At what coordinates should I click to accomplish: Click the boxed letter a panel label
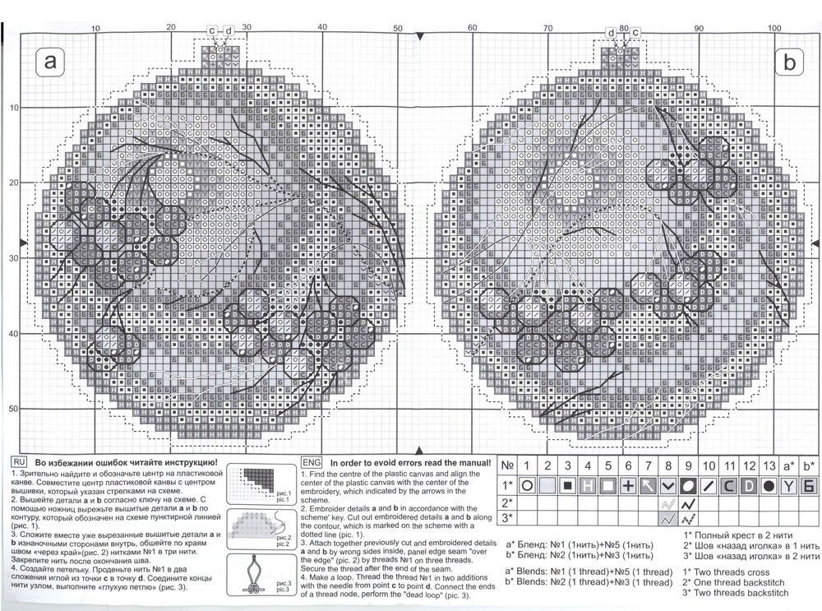(x=52, y=62)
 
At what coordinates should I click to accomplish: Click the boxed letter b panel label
(x=791, y=62)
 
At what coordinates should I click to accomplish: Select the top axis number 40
(x=321, y=28)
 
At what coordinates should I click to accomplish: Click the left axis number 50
(x=14, y=409)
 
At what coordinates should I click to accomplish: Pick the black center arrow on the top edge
(x=421, y=38)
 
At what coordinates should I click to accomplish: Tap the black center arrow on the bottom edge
(x=421, y=451)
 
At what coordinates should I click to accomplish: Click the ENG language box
(x=312, y=463)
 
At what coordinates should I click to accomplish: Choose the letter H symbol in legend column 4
(x=588, y=486)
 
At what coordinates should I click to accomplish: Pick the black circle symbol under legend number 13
(x=769, y=486)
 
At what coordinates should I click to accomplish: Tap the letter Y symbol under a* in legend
(x=790, y=486)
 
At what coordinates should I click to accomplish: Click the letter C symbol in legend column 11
(x=728, y=486)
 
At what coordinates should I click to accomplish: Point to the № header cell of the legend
(x=509, y=467)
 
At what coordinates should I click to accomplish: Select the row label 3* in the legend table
(x=509, y=518)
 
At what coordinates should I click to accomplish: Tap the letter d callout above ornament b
(x=612, y=32)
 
